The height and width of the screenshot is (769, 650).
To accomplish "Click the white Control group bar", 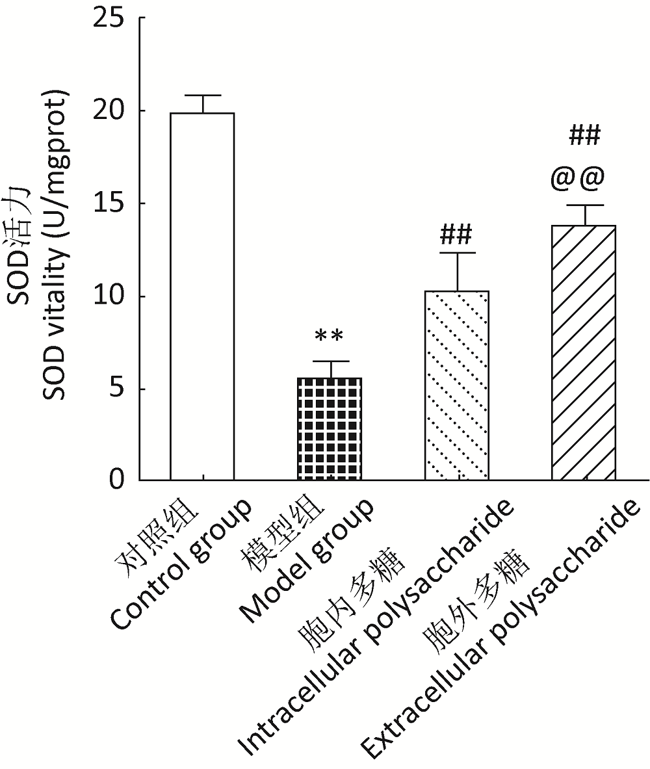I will click(x=202, y=296).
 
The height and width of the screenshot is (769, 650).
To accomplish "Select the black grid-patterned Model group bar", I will click(x=329, y=428).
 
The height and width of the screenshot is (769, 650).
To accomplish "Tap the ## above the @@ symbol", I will click(x=584, y=136).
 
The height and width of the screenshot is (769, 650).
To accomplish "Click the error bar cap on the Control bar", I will click(x=202, y=96).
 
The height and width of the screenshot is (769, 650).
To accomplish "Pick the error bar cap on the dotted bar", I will click(x=456, y=253).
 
